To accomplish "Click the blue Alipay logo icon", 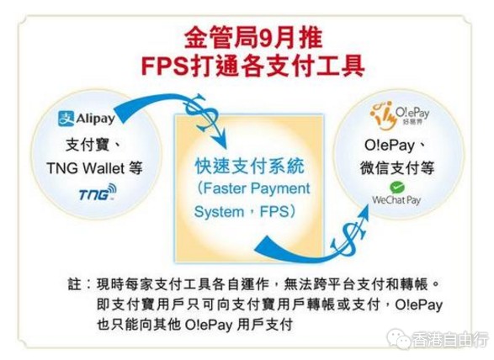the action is point(66,119).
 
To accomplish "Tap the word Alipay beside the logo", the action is point(95,119).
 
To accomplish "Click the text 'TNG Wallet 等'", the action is point(95,168).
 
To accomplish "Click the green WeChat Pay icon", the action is point(397,188).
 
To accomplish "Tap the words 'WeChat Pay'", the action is point(396,200).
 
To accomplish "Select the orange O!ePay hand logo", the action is point(382,115).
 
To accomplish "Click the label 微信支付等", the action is point(397,168).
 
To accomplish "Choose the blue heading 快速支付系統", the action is point(250,167).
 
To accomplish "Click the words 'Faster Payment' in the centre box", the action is point(257,188).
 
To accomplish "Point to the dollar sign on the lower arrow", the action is point(348,236).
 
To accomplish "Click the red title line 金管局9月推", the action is point(253,38).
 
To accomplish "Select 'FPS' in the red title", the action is point(164,66).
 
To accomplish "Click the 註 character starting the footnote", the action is point(75,284).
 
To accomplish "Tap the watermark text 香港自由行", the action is point(449,340).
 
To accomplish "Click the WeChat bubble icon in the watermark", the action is point(399,338).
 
